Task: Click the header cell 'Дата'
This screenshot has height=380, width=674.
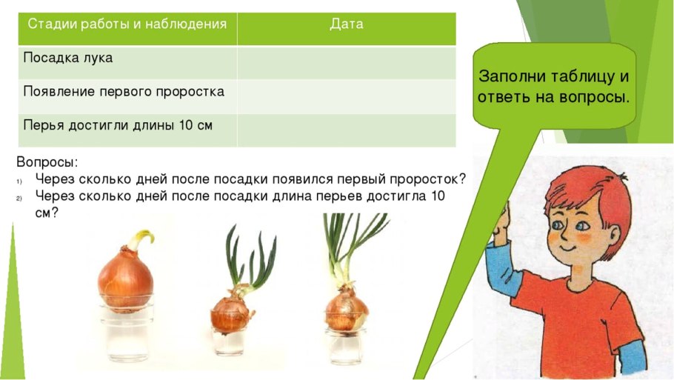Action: pos(347,24)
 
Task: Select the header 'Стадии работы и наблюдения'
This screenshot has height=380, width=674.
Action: pos(127,24)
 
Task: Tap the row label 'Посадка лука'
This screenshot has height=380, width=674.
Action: pos(68,58)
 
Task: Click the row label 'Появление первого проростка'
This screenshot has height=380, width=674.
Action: pos(124,91)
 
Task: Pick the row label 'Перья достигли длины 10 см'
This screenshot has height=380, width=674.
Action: pos(118,125)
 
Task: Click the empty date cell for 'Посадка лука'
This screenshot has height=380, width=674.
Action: pos(346,62)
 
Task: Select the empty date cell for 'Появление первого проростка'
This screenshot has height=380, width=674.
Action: pos(346,96)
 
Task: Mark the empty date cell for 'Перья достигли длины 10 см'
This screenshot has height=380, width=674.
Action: pos(346,130)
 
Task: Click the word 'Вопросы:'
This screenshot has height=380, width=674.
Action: pos(47,161)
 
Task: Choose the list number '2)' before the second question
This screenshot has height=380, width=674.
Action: pos(20,197)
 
